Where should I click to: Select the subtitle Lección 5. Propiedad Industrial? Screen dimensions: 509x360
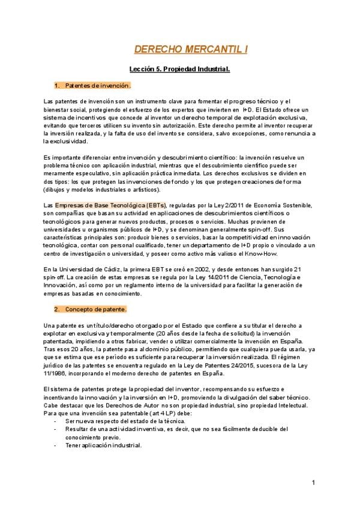click(x=180, y=70)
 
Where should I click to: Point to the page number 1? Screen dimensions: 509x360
click(x=314, y=483)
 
